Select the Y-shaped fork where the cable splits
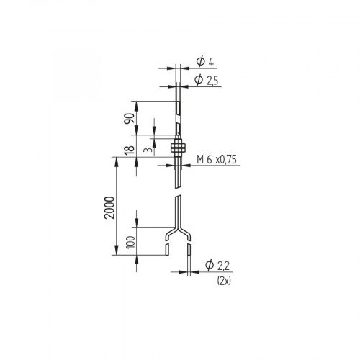click(177, 232)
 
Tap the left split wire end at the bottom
click(166, 248)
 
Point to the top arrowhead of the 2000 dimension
click(116, 164)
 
